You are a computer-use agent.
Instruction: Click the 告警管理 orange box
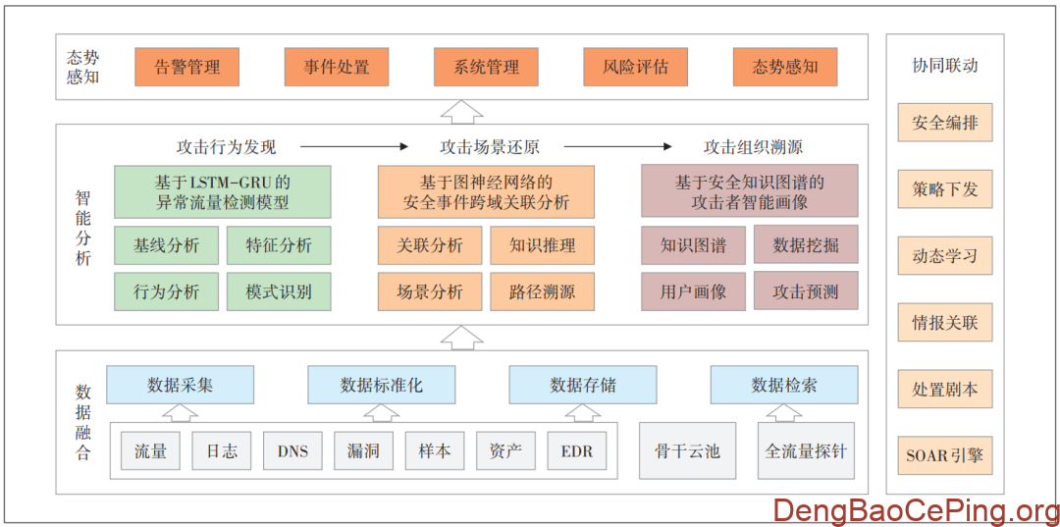186,67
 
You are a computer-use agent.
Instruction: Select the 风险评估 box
635,67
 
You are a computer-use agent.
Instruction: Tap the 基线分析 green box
166,245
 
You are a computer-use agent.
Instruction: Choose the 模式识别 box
279,291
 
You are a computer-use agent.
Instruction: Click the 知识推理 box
542,245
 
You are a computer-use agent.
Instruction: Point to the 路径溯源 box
542,291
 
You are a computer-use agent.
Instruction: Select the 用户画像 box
693,291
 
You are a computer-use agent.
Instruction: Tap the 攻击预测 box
806,291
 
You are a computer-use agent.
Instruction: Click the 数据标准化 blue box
381,385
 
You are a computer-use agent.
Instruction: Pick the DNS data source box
292,451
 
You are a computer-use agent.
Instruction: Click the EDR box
576,451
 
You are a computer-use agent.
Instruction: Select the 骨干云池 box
687,451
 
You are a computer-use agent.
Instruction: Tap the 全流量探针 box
806,451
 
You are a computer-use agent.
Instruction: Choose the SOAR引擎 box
944,455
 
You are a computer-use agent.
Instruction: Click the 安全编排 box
944,123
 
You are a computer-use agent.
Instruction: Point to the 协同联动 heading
944,66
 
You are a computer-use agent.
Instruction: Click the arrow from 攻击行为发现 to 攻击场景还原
353,147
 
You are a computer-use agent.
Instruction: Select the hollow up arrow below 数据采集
180,412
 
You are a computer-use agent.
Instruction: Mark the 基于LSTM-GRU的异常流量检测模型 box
222,191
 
